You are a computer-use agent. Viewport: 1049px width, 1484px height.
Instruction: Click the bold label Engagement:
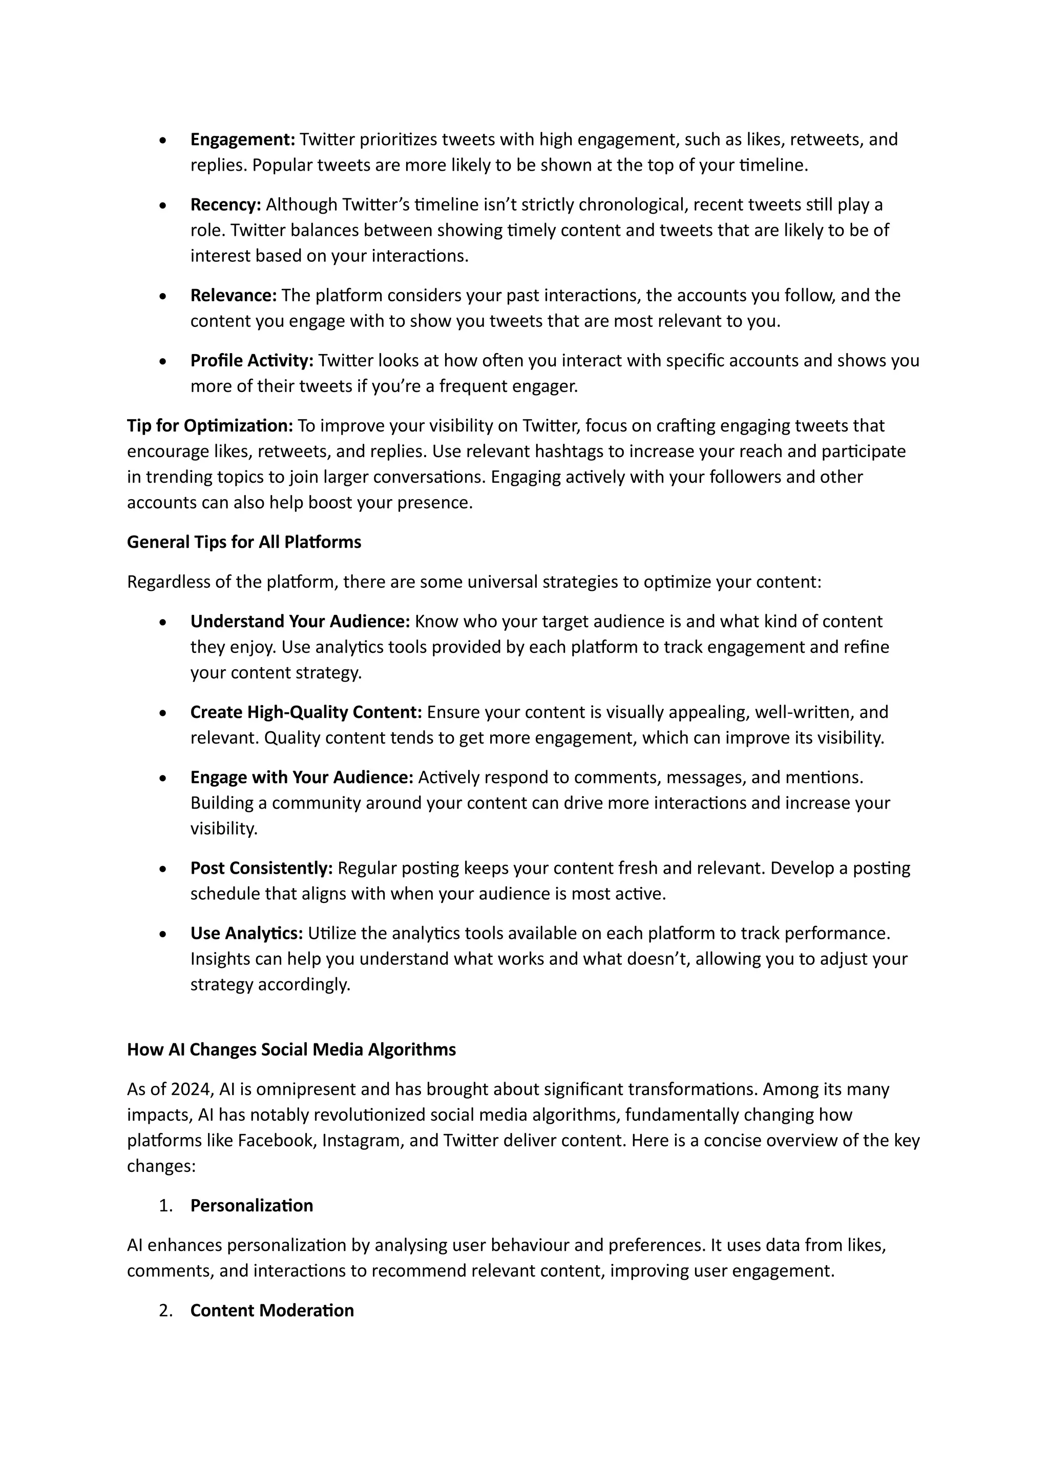click(242, 139)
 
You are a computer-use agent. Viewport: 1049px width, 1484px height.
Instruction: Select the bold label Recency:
click(225, 205)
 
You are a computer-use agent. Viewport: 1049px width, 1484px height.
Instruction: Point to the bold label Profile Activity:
click(251, 361)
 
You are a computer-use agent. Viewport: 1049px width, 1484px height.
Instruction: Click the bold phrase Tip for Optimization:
click(210, 426)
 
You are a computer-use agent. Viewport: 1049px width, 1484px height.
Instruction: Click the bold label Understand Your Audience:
click(300, 622)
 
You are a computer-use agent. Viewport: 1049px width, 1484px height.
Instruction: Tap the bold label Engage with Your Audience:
click(301, 777)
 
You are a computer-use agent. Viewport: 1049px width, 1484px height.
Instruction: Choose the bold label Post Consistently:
click(261, 868)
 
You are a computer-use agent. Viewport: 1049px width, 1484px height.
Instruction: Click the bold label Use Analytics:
click(246, 933)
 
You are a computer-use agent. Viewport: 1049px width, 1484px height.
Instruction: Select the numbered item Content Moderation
click(271, 1311)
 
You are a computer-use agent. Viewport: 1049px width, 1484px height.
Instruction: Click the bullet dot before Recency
click(163, 206)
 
